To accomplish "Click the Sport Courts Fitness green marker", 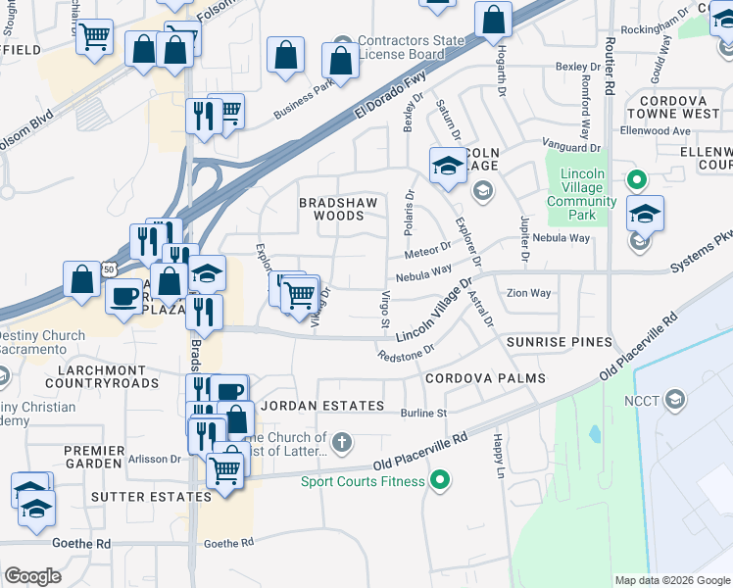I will [x=440, y=480].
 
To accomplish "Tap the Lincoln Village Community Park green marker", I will [x=636, y=180].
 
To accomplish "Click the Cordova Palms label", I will [x=484, y=378].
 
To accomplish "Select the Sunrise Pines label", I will [x=559, y=342].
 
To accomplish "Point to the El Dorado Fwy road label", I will [x=392, y=95].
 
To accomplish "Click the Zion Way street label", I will [x=528, y=293].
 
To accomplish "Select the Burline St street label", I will [x=423, y=414].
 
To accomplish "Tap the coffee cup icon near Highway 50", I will [x=124, y=295].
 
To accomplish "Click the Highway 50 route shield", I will [x=110, y=269].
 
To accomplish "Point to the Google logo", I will [x=32, y=575].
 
